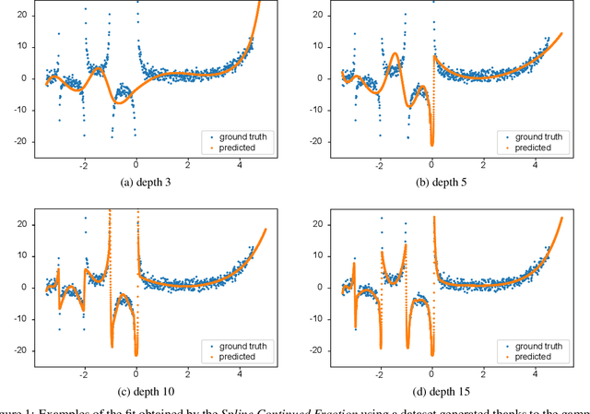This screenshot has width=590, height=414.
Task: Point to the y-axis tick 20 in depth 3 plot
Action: pyautogui.click(x=27, y=15)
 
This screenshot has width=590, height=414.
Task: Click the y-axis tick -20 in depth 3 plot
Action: pyautogui.click(x=25, y=141)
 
